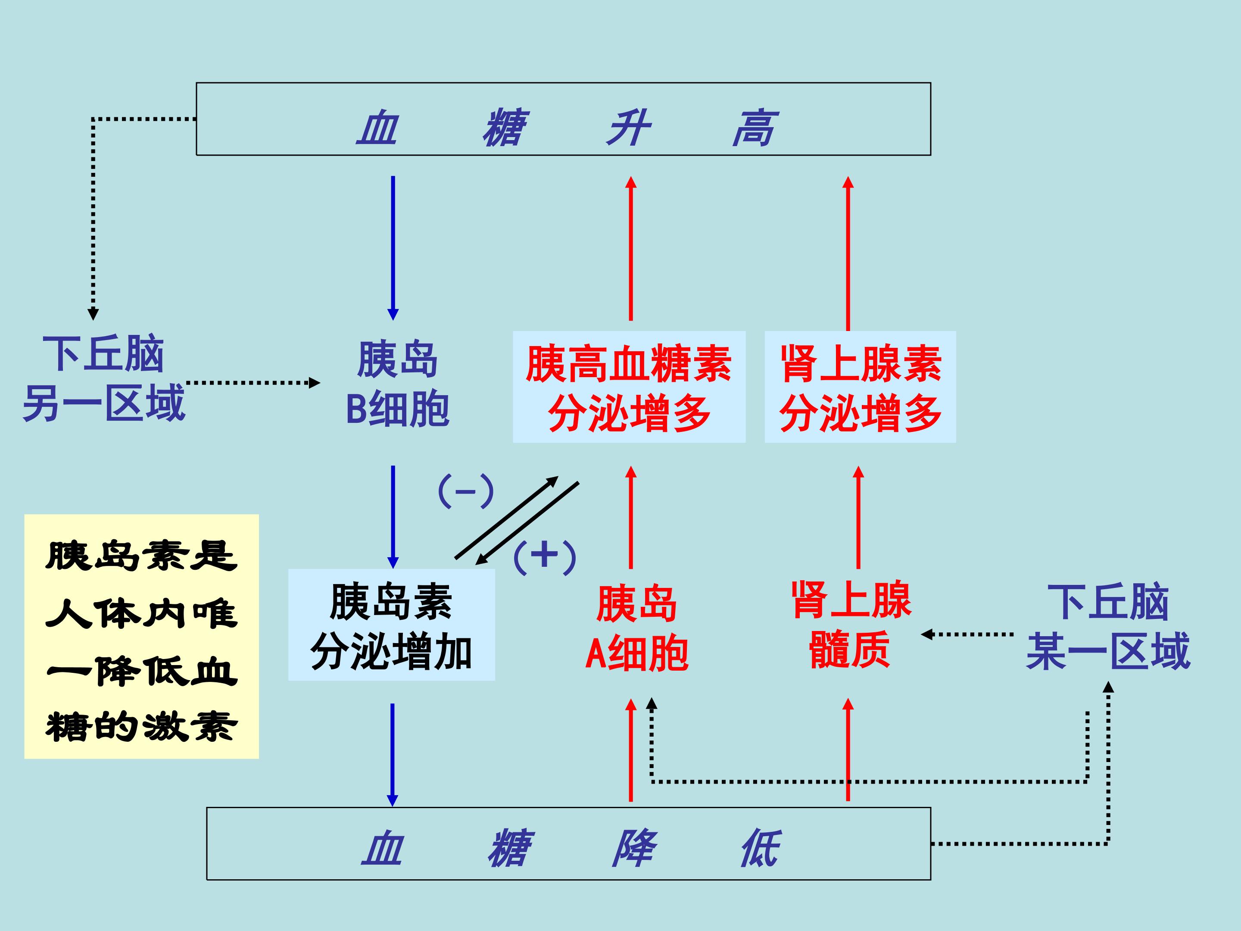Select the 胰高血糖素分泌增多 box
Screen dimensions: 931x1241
(x=629, y=387)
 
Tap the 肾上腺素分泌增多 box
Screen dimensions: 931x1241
(x=860, y=387)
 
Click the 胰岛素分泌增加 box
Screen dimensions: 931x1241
(x=391, y=625)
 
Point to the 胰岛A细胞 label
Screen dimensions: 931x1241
(x=637, y=628)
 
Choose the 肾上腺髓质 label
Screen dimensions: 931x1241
(x=851, y=625)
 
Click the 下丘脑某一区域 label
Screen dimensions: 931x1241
(x=1108, y=626)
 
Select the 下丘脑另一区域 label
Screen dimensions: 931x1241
(x=104, y=378)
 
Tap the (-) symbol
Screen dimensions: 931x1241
(x=466, y=491)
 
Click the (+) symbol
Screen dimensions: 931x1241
(x=544, y=557)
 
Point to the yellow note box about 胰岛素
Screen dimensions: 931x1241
(x=141, y=636)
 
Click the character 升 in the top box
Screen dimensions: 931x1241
(x=628, y=128)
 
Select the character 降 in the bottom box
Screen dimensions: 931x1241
(x=634, y=847)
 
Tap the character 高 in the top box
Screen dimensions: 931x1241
(x=755, y=128)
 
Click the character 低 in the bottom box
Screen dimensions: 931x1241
(x=761, y=847)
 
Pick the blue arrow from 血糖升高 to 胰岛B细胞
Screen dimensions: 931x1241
(x=393, y=247)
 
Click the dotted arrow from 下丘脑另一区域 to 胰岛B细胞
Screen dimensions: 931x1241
(x=253, y=383)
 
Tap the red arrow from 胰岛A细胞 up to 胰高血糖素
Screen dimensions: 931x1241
(x=630, y=516)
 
